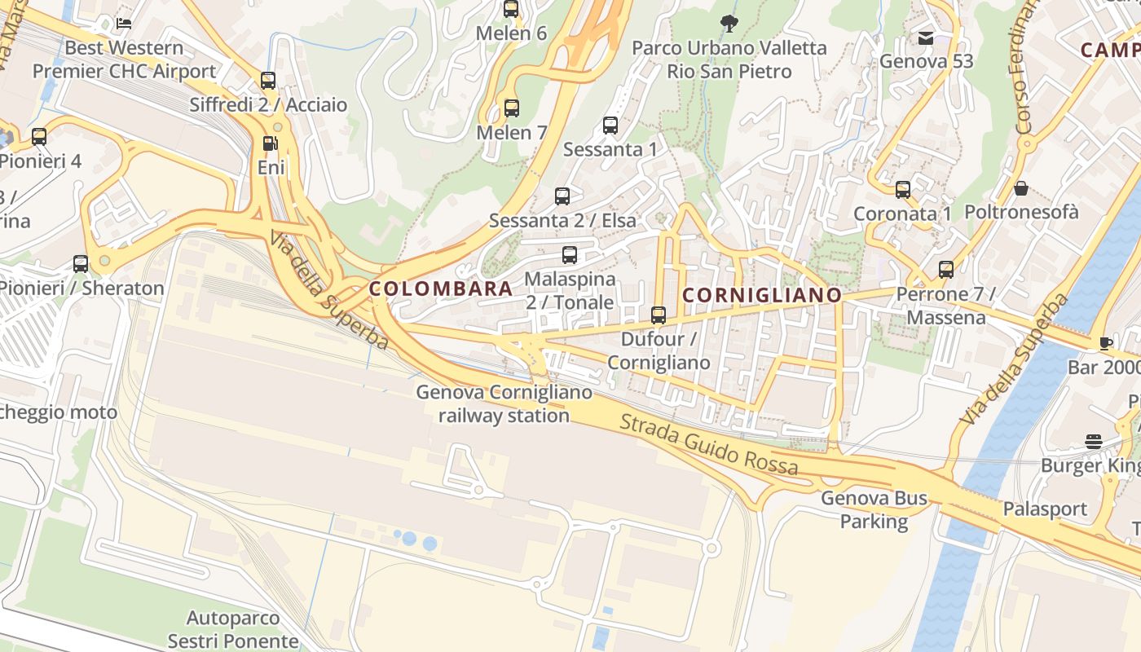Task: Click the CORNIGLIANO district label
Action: pyautogui.click(x=762, y=295)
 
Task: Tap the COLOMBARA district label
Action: pyautogui.click(x=441, y=289)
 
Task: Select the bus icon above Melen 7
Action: pyautogui.click(x=512, y=108)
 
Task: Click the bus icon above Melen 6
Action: pyautogui.click(x=511, y=9)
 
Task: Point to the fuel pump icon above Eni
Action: pyautogui.click(x=270, y=143)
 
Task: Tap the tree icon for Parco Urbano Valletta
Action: pyautogui.click(x=729, y=23)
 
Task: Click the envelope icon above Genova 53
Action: pyautogui.click(x=926, y=37)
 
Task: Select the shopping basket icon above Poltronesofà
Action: pyautogui.click(x=1021, y=189)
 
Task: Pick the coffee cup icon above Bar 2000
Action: pyautogui.click(x=1105, y=343)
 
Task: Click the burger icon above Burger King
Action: pyautogui.click(x=1094, y=442)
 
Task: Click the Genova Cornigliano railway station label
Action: pyautogui.click(x=504, y=403)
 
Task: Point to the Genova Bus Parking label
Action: pyautogui.click(x=874, y=509)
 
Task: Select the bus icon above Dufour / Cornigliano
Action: pyautogui.click(x=659, y=315)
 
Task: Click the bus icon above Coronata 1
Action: pyautogui.click(x=903, y=190)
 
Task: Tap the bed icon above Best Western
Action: pyautogui.click(x=124, y=23)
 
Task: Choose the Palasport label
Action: pyautogui.click(x=1045, y=509)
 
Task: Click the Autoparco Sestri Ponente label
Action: pyautogui.click(x=233, y=629)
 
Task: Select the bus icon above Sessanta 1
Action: pyautogui.click(x=610, y=126)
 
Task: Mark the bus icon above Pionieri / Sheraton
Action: pyautogui.click(x=81, y=264)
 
